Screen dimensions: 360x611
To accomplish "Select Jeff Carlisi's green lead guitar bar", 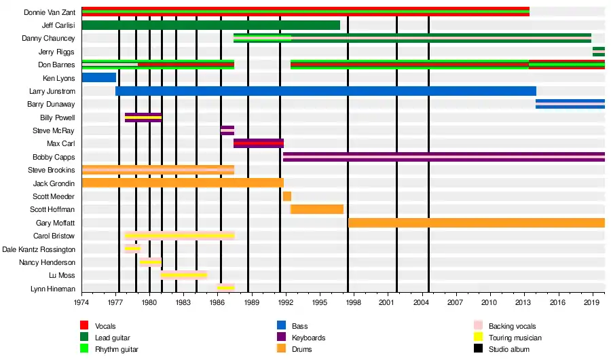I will click(210, 25).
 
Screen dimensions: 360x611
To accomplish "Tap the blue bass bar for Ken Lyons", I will click(98, 77).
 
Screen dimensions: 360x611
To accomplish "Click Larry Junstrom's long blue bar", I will click(326, 91).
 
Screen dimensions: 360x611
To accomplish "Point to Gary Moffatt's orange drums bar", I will click(475, 223).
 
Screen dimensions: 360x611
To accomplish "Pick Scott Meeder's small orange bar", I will click(287, 196).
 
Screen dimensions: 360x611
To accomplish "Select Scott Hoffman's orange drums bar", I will click(317, 209).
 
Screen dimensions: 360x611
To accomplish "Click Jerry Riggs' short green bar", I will click(598, 52).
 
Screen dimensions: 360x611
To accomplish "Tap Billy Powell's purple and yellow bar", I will click(143, 118).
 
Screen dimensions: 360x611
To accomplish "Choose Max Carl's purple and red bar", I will click(259, 143).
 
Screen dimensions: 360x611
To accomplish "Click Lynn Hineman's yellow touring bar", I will click(226, 288).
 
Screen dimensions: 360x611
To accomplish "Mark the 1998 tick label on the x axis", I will click(353, 302).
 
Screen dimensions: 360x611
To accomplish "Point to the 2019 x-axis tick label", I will click(591, 302).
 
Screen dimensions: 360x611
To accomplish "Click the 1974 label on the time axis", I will click(82, 302).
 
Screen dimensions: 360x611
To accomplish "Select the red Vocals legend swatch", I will click(84, 327).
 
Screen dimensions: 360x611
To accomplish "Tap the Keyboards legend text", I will click(308, 338).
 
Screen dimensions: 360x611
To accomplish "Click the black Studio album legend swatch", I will click(478, 349).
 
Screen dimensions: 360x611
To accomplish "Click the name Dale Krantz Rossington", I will click(39, 249).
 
